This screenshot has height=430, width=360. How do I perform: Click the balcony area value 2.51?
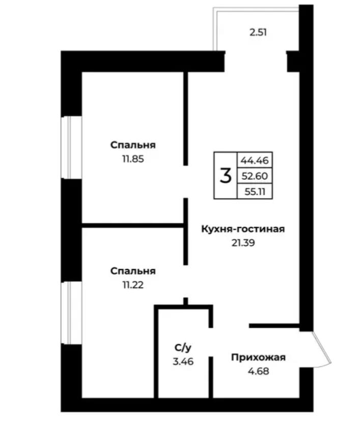258,33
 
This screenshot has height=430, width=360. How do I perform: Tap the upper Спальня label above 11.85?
133,145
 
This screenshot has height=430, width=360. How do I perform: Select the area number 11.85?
133,159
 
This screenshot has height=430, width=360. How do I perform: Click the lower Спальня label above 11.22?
133,271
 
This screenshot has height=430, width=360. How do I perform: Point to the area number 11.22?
133,285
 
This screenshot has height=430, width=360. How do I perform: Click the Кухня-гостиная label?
243,229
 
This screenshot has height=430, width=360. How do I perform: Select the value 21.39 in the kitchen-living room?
243,243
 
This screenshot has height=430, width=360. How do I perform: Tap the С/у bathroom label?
183,348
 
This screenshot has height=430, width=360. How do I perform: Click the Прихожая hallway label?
258,357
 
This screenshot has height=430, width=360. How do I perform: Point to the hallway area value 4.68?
258,371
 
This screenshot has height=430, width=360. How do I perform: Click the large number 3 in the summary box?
226,176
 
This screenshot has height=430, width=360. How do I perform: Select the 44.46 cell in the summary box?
255,160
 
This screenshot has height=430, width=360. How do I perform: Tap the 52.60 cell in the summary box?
255,176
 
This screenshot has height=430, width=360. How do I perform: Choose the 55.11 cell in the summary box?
255,192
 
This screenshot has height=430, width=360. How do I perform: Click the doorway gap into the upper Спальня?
186,181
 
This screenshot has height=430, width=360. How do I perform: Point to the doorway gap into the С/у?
211,342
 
